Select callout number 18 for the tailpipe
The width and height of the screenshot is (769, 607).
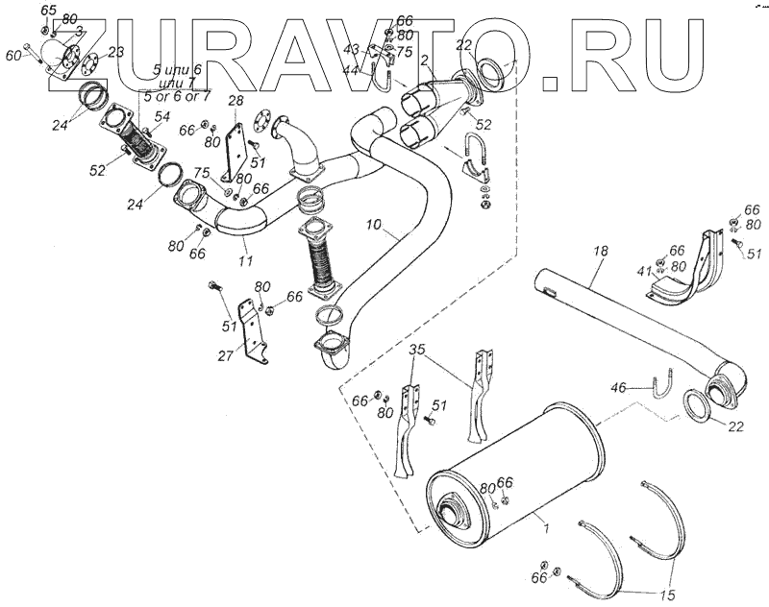[x=600, y=252]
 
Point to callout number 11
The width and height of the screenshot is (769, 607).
[x=245, y=260]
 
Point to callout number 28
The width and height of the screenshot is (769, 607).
[x=236, y=101]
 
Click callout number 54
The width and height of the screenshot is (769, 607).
[x=162, y=116]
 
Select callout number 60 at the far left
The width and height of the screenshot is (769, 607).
[x=13, y=57]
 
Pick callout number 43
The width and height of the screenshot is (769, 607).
[x=351, y=48]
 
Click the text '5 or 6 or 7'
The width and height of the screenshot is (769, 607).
[x=176, y=97]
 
